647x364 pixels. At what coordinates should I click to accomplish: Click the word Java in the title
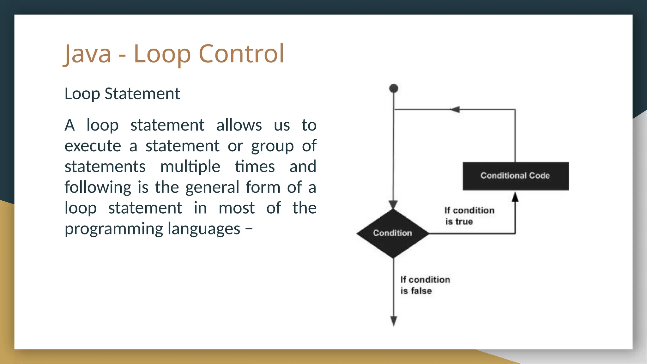point(88,54)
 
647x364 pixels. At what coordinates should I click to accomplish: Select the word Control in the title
point(241,54)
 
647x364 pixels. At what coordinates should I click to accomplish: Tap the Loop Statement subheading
point(122,94)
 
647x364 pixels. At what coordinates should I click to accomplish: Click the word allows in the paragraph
point(239,125)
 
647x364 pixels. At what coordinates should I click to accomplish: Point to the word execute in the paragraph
point(93,146)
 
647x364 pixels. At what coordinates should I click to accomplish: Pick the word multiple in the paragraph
point(190,167)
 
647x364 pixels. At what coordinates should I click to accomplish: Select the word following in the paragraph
point(98,187)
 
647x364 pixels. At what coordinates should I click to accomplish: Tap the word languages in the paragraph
point(204,229)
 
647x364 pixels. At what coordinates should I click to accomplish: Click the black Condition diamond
point(393,233)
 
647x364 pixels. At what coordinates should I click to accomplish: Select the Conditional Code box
point(515,176)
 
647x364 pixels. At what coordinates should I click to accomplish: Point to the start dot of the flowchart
point(394,88)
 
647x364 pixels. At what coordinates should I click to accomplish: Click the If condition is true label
point(469,216)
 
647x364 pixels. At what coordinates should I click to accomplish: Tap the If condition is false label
point(425,285)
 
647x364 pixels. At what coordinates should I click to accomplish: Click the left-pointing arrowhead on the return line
point(455,110)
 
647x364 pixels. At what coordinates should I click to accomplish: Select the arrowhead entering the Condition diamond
point(393,204)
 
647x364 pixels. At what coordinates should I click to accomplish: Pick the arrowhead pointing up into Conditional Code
point(515,197)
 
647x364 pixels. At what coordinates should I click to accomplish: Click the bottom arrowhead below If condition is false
point(394,321)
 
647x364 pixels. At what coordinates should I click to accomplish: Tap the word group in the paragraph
point(272,146)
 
